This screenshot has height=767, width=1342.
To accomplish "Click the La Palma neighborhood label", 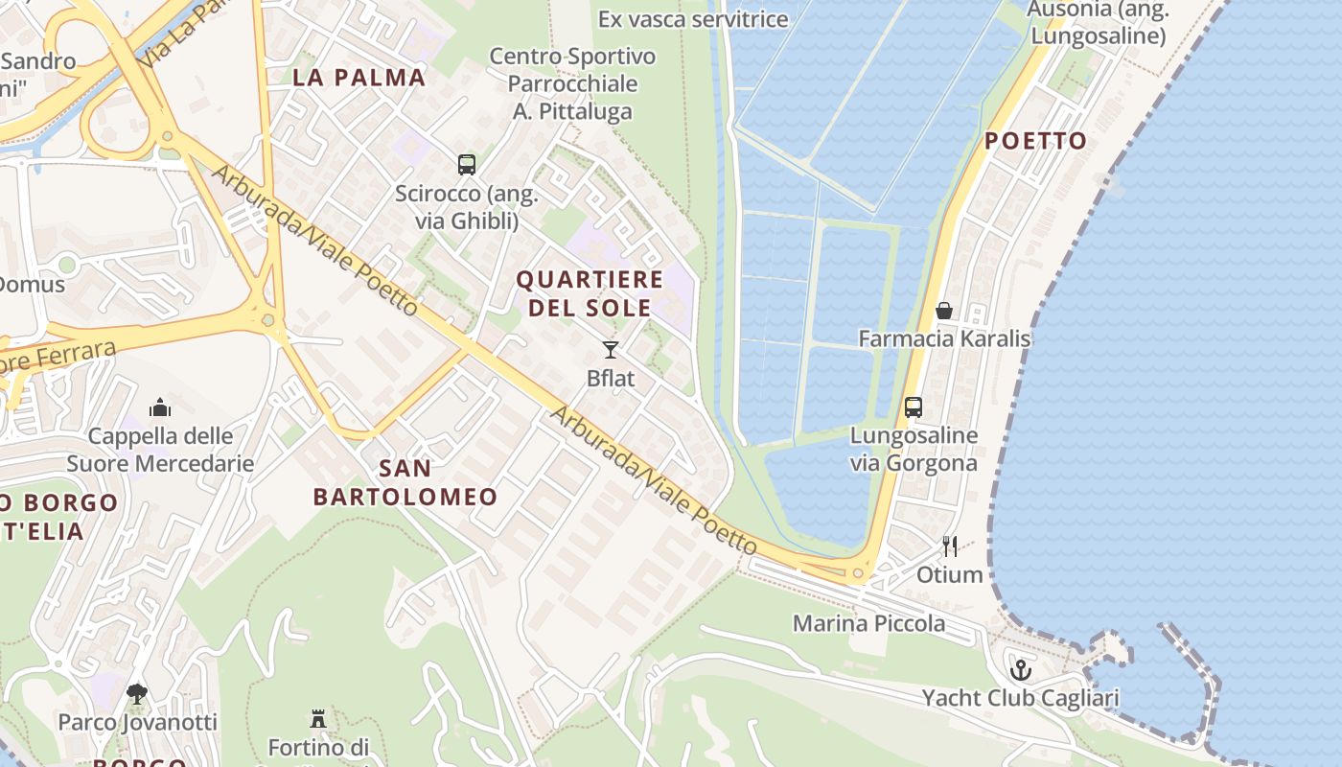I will [359, 78].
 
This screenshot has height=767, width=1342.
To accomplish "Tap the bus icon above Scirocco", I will [467, 164].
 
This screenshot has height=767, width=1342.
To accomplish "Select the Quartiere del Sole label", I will [590, 293].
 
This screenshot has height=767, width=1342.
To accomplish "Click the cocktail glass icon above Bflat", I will [611, 349].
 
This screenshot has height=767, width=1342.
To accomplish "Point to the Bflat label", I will [611, 378].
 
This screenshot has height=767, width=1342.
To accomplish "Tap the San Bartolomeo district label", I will [405, 482].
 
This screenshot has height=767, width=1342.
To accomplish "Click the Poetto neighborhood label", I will [1035, 141].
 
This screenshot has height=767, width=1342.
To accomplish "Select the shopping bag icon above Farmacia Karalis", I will [944, 310].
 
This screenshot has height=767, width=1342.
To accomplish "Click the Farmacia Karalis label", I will [944, 338].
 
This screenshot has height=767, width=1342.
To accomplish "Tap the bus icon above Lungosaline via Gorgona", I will [914, 407].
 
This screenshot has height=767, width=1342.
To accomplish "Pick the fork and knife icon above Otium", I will [950, 546].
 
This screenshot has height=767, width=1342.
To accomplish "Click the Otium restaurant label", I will [950, 574].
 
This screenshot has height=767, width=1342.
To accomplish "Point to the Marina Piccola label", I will [868, 623].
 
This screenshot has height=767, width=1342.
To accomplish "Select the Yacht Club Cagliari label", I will [1021, 697].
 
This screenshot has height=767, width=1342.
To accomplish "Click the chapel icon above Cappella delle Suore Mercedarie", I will [160, 407].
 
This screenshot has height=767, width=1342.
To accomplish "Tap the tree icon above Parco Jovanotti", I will [137, 692].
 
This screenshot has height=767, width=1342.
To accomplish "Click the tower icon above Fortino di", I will [318, 718].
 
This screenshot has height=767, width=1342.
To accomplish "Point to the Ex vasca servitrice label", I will [693, 18].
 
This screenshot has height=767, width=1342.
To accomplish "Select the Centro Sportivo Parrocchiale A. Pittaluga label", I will [572, 83].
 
